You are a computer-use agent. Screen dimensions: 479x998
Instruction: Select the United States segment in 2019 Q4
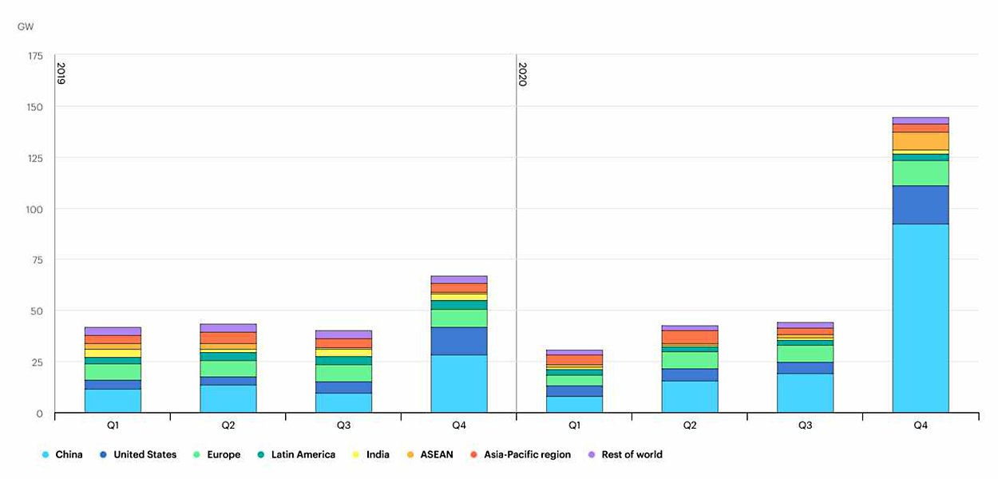tap(459, 341)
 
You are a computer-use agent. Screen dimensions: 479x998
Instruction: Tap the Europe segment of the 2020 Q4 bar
tap(921, 173)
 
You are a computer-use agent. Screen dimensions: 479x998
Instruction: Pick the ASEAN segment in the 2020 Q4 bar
tap(921, 141)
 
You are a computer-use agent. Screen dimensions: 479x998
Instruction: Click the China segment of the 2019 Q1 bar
tap(113, 400)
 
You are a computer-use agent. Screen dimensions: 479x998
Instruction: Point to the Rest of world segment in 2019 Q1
tap(113, 331)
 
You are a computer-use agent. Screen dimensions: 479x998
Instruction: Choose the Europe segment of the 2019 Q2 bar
tap(228, 368)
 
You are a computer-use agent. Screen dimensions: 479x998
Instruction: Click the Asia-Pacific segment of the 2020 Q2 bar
tap(690, 337)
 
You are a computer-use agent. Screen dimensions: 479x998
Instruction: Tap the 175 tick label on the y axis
tap(35, 56)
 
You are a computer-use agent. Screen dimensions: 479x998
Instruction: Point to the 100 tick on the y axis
tap(35, 209)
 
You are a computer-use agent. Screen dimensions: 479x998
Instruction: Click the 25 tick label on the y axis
tap(38, 362)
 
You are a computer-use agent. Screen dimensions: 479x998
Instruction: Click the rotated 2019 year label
tap(61, 73)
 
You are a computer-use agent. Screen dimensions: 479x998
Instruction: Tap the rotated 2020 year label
tap(522, 73)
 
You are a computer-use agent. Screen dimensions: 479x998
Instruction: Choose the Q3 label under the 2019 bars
tap(343, 426)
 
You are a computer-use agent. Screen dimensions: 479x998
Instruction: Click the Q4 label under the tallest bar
tap(921, 426)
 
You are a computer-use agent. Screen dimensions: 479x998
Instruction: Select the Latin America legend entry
tap(297, 455)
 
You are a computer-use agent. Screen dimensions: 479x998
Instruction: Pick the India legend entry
tap(371, 455)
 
